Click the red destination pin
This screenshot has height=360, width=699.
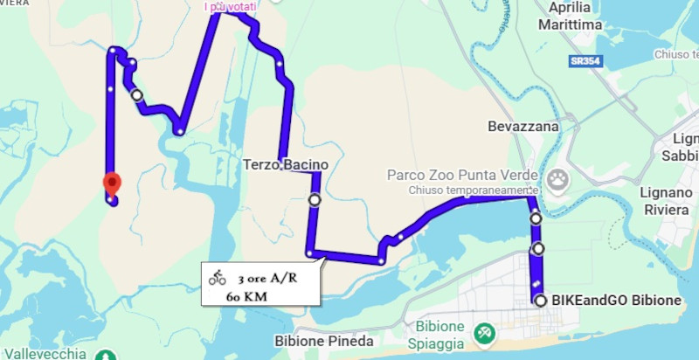[112, 183]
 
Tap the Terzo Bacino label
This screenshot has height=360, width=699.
[285, 164]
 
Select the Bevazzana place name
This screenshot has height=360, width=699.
[523, 127]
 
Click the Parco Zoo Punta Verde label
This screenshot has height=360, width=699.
[461, 175]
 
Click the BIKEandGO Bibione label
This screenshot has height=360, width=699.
[616, 301]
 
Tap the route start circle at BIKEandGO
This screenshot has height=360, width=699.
[540, 301]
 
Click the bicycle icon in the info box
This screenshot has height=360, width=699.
[218, 278]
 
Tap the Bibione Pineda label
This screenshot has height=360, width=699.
[324, 341]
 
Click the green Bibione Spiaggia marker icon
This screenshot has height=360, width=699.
[481, 334]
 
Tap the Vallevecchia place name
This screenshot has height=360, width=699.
[43, 353]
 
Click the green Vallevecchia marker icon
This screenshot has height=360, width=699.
[106, 356]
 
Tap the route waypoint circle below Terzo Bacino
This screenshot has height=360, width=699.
[315, 200]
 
